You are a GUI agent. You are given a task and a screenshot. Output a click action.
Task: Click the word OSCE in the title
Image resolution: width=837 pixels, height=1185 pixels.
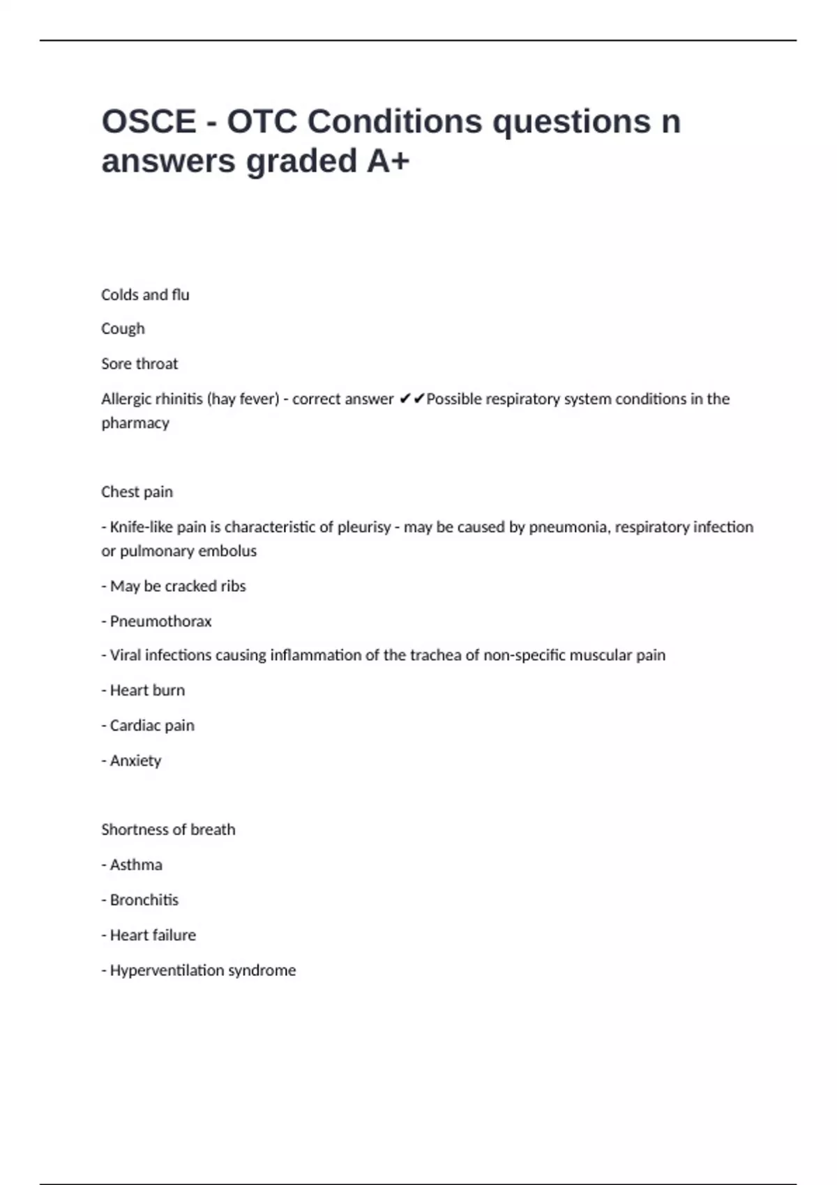(149, 122)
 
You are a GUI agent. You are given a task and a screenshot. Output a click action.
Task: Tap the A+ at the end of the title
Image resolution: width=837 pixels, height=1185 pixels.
(388, 161)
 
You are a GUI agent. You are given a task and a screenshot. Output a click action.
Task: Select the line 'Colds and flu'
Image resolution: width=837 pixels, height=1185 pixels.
(145, 295)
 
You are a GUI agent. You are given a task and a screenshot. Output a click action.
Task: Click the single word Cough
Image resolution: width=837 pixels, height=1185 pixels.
(123, 329)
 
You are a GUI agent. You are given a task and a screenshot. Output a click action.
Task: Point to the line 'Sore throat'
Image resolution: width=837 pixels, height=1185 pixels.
(139, 364)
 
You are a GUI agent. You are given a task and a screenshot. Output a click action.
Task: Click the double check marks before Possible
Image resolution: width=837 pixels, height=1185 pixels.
(412, 399)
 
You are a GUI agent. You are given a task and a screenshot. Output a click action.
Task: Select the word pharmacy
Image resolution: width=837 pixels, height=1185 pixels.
(135, 423)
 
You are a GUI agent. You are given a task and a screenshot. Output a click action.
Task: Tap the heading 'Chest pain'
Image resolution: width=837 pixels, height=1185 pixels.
(137, 492)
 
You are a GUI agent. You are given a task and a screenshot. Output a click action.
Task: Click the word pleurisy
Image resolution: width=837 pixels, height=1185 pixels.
(364, 527)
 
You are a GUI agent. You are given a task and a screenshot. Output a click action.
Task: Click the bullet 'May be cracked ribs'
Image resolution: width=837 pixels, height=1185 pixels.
(178, 586)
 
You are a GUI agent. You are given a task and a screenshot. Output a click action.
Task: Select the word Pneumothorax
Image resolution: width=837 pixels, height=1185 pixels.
(160, 621)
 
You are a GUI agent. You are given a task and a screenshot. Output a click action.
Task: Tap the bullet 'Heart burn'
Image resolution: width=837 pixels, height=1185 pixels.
(147, 690)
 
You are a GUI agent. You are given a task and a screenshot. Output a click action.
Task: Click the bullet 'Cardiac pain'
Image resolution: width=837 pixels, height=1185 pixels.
(152, 726)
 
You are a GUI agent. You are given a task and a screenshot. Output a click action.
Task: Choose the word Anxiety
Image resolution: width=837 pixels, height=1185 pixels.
(135, 760)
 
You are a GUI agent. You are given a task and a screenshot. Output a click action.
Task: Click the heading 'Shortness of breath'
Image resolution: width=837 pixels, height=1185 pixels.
(168, 829)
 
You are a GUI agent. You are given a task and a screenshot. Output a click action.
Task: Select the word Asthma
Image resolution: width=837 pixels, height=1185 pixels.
(136, 865)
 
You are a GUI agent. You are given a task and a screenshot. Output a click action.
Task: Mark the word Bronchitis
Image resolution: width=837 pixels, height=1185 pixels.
(144, 900)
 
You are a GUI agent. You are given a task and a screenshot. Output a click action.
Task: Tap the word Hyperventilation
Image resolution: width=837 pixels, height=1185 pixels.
(172, 970)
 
